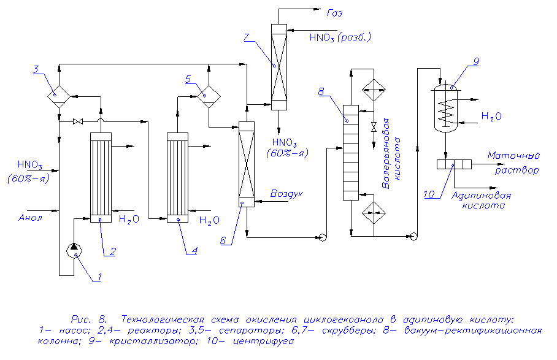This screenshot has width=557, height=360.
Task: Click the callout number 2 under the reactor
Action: pyautogui.click(x=112, y=251)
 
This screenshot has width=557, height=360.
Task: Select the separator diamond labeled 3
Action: pyautogui.click(x=59, y=96)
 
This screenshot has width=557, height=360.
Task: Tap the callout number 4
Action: pyautogui.click(x=194, y=251)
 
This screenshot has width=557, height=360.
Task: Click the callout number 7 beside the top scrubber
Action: pyautogui.click(x=246, y=38)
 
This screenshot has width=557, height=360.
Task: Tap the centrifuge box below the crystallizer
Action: pyautogui.click(x=454, y=164)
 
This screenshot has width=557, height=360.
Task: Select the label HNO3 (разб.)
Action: pyautogui.click(x=340, y=38)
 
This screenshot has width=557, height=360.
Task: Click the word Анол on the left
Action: pyautogui.click(x=29, y=217)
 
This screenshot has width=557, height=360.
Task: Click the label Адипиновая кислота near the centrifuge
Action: pyautogui.click(x=481, y=201)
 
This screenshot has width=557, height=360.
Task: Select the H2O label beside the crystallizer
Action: pyautogui.click(x=491, y=116)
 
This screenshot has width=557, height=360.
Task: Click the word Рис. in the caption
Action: pyautogui.click(x=81, y=320)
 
